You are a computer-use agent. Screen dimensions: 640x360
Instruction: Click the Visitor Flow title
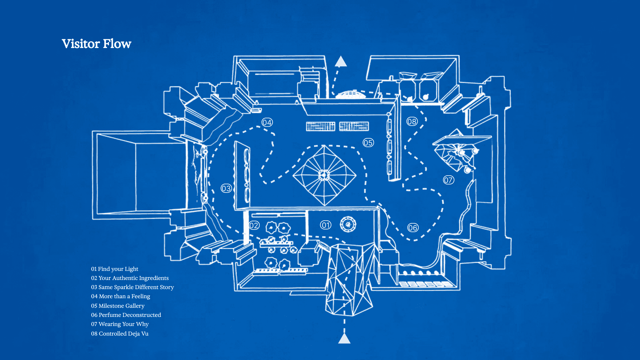pos(96,44)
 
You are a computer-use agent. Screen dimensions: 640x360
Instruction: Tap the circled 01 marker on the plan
pos(326,225)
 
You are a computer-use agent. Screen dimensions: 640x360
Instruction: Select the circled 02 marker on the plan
pos(254,225)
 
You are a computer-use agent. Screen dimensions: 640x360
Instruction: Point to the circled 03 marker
pos(226,188)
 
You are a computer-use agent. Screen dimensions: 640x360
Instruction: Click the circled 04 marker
pos(267,122)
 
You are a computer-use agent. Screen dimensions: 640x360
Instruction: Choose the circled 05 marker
pos(368,143)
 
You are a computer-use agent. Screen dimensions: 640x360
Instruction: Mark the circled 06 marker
pos(413,228)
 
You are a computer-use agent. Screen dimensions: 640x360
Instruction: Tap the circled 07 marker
pos(448,180)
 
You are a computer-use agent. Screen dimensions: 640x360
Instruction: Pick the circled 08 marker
pos(412,121)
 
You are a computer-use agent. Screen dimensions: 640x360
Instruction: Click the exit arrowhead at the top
pos(341,62)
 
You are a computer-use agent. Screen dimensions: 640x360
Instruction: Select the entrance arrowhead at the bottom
pos(344,338)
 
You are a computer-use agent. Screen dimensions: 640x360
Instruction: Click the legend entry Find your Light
pos(115,269)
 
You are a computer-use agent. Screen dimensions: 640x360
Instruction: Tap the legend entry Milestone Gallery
pos(118,306)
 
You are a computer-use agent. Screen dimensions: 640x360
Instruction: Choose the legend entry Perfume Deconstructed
pos(126,315)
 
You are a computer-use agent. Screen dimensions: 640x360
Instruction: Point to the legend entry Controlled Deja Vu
pos(120,333)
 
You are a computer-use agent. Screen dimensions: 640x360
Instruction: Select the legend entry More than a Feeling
pos(120,296)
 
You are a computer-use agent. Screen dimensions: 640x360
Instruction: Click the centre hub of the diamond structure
pos(324,175)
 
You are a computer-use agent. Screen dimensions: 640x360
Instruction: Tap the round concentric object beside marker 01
pos(348,224)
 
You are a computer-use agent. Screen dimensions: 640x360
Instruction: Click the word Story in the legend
pos(167,287)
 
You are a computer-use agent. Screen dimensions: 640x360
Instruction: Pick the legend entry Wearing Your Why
pos(120,324)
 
